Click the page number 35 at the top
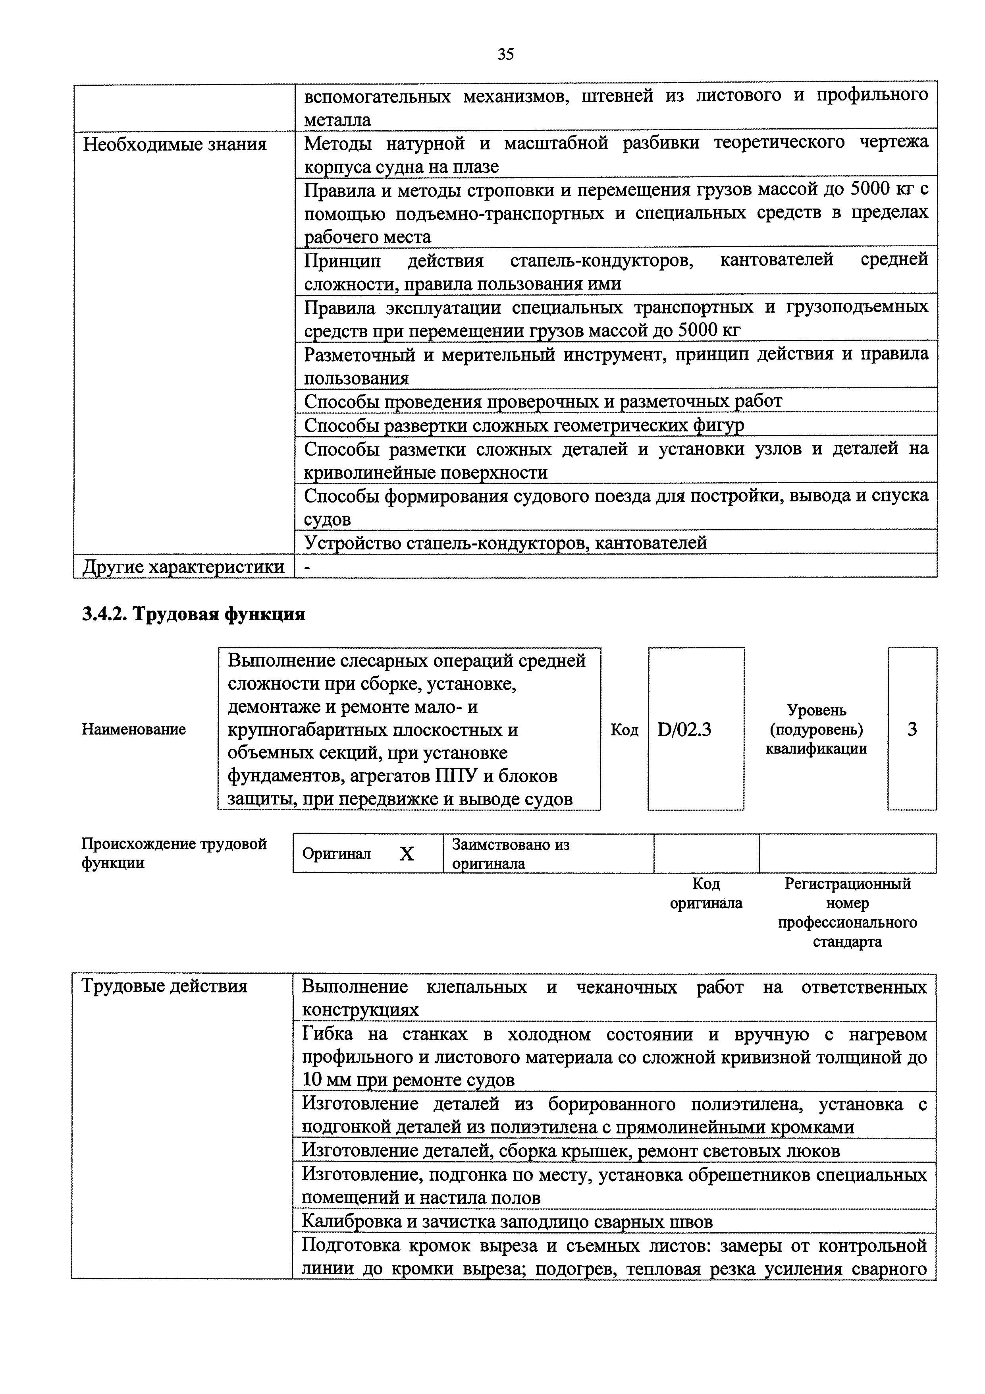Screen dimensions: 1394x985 click(505, 55)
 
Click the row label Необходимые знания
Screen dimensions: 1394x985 click(175, 145)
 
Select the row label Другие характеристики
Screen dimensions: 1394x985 click(183, 566)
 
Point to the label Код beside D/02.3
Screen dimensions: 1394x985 click(624, 730)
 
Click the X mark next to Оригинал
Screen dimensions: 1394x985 click(407, 854)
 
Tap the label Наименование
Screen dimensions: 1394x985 click(133, 729)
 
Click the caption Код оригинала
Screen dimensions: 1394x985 click(706, 893)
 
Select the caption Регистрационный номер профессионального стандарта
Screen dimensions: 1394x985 click(847, 912)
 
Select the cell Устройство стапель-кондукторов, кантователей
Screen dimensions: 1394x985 click(505, 542)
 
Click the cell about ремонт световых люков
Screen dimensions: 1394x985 click(571, 1150)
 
